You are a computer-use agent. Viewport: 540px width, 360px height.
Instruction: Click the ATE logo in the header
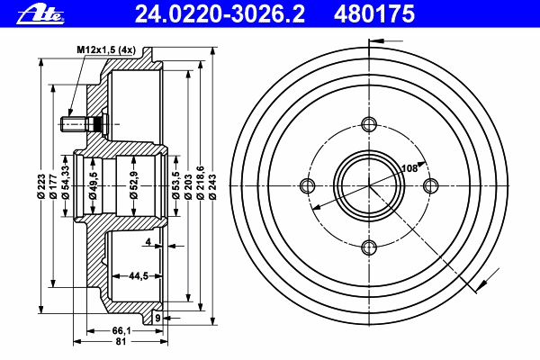pos(40,15)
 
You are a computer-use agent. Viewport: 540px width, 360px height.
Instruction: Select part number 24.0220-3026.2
pos(220,14)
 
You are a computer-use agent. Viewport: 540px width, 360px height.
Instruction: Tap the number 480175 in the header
pos(374,14)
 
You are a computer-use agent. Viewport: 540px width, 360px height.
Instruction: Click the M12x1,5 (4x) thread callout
pos(106,50)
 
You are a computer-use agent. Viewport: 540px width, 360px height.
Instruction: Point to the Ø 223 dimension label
pos(41,186)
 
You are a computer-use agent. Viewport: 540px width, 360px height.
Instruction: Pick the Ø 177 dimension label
pos(53,186)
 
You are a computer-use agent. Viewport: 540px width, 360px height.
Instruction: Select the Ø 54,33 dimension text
pos(66,183)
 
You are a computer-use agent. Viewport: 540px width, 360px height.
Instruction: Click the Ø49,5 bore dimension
pos(93,185)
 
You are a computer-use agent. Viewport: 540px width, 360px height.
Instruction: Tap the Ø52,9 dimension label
pos(134,185)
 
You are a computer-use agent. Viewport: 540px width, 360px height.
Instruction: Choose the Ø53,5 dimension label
pos(176,185)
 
